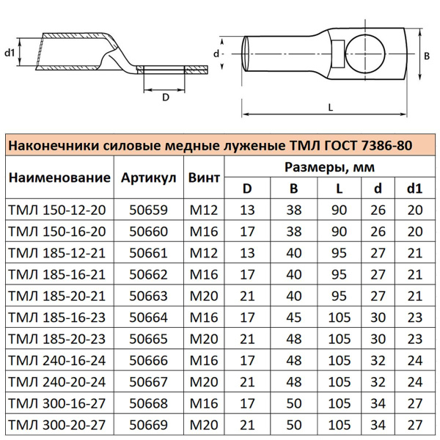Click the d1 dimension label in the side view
[x=10, y=53]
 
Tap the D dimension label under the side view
[x=165, y=96]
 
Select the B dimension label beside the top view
[x=428, y=55]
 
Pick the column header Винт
[x=204, y=178]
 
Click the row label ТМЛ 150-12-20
[x=56, y=210]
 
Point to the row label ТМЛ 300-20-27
[x=56, y=424]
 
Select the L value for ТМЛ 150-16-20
[x=339, y=231]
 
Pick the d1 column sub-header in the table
[x=415, y=188]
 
